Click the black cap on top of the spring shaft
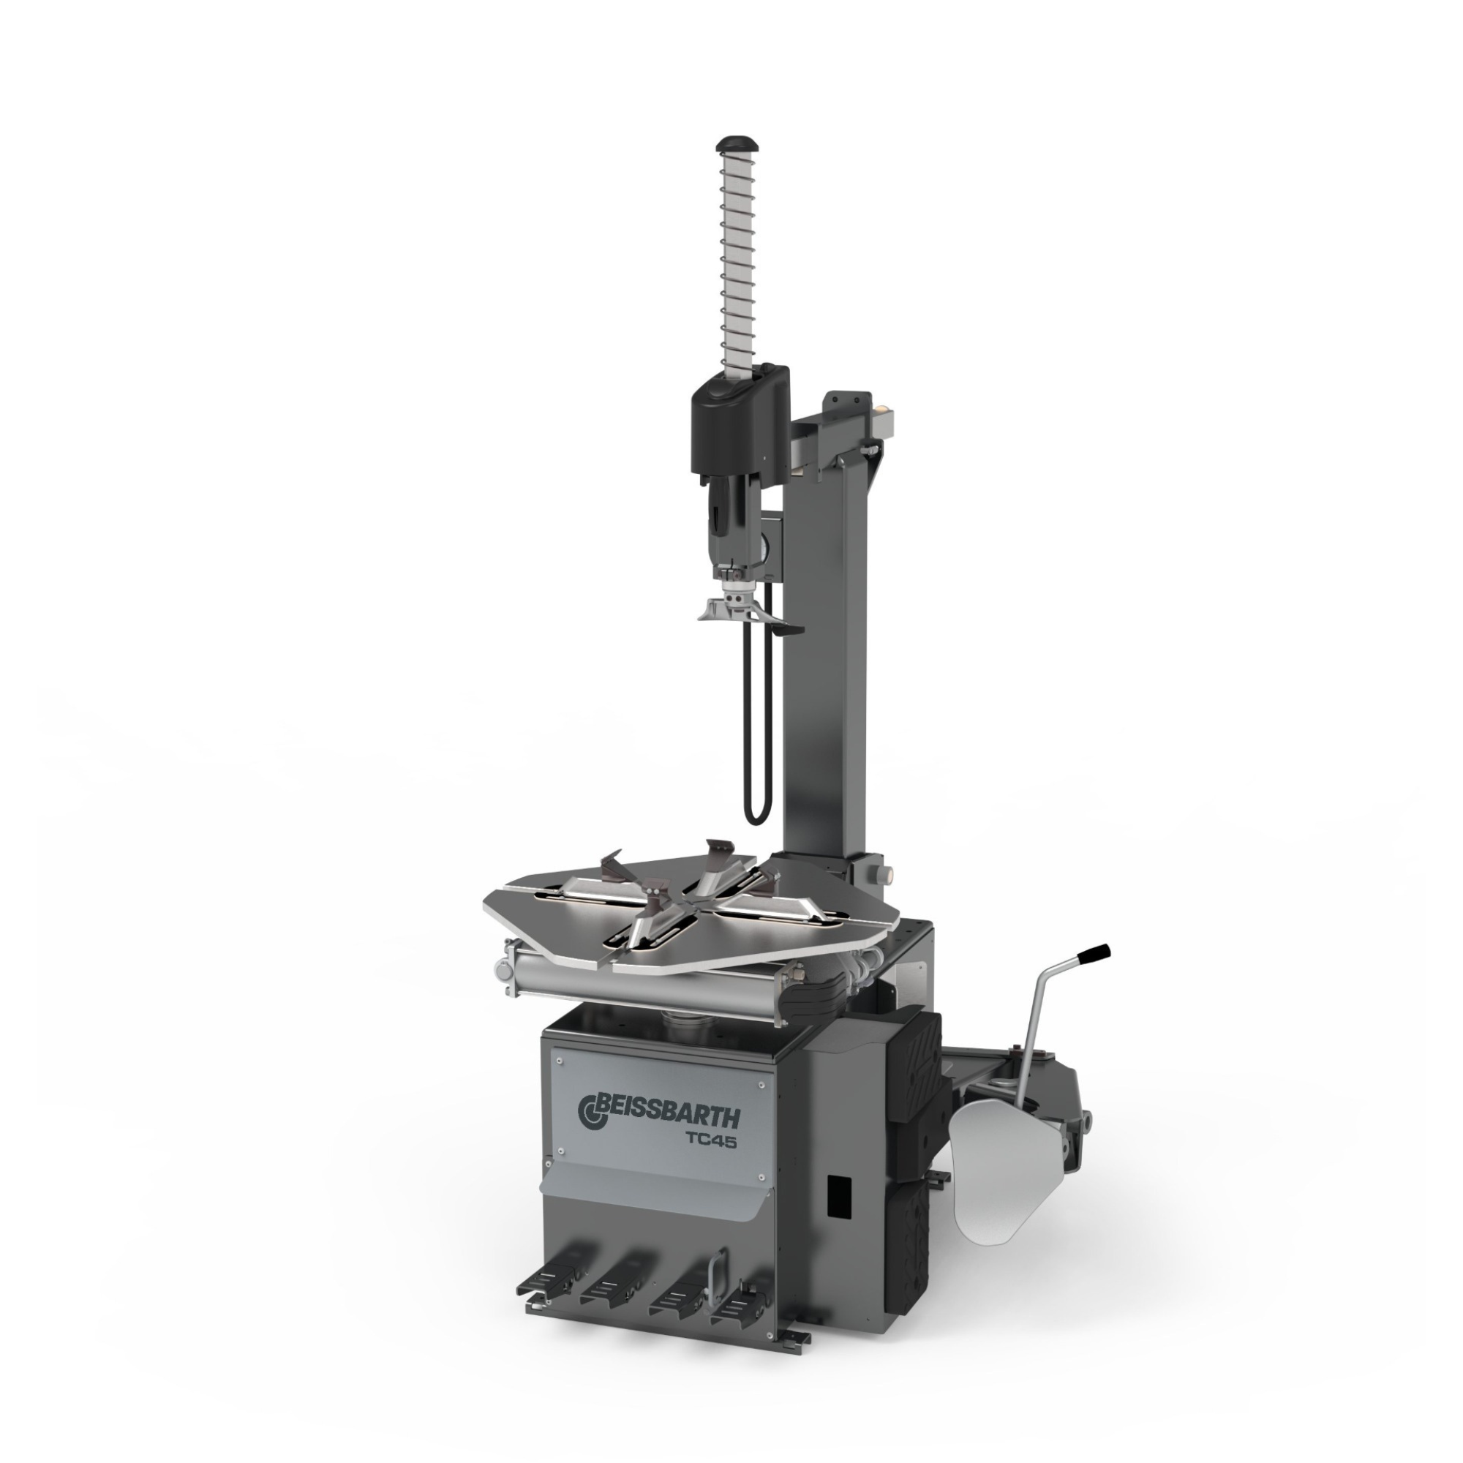click(739, 143)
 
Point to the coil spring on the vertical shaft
click(739, 261)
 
